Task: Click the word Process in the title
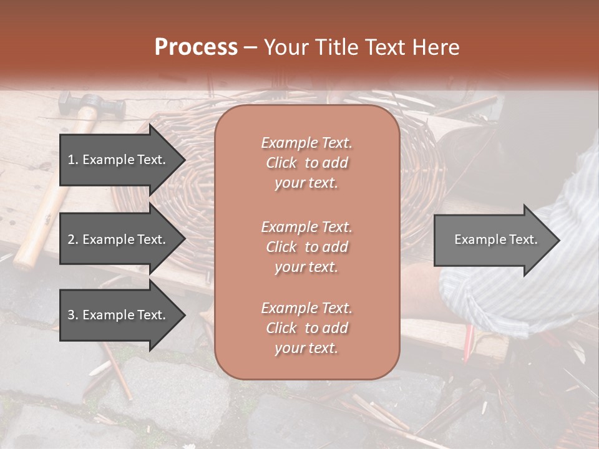196,47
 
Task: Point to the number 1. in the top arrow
72,160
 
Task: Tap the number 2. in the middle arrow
72,239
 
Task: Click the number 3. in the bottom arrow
72,315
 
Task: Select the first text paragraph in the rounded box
306,163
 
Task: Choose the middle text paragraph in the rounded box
306,246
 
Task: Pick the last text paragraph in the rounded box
306,328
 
